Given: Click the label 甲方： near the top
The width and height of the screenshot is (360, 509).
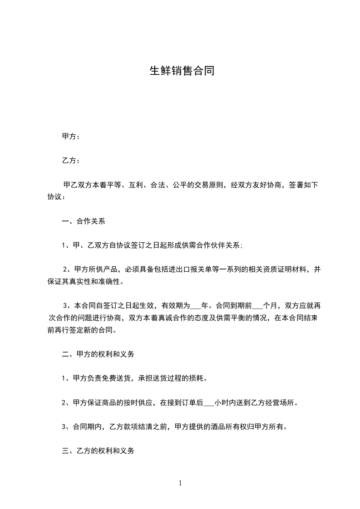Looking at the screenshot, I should pos(71,136).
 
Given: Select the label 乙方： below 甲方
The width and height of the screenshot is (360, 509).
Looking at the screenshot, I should pos(71,161).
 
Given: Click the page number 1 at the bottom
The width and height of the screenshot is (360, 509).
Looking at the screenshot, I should pos(180,483).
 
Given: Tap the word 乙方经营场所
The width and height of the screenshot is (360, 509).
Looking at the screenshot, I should pos(272,403).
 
